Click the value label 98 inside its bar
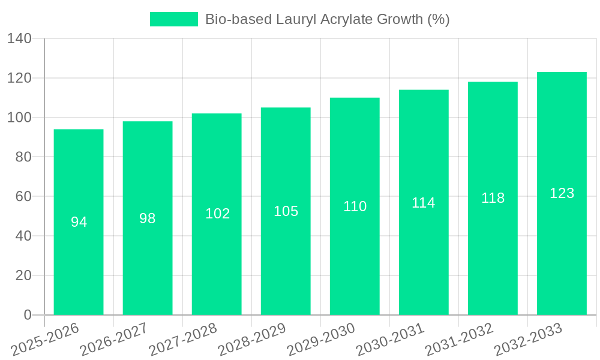pyautogui.click(x=148, y=219)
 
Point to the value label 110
pyautogui.click(x=355, y=207)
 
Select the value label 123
pyautogui.click(x=562, y=194)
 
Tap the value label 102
pyautogui.click(x=217, y=214)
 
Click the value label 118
pyautogui.click(x=493, y=199)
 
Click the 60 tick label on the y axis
pyautogui.click(x=23, y=197)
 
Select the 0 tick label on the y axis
pyautogui.click(x=28, y=315)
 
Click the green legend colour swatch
pyautogui.click(x=173, y=19)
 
